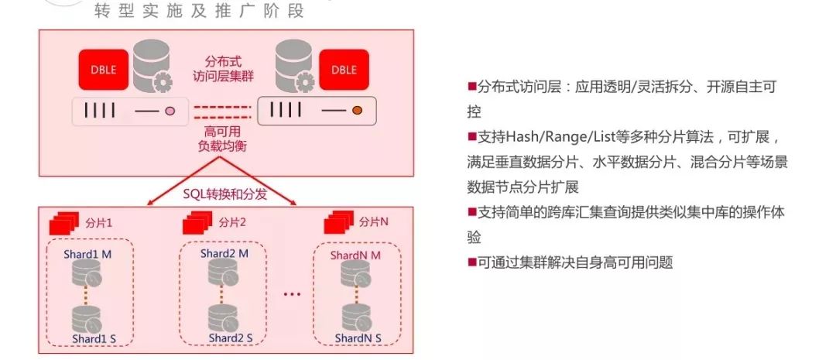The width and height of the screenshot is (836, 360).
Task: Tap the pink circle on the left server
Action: (170, 111)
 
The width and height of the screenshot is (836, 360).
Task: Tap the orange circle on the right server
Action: (358, 111)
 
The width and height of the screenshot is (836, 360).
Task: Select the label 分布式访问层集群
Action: (222, 69)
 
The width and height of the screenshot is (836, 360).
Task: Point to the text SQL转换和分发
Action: (225, 194)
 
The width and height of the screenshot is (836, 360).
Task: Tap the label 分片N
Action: (374, 223)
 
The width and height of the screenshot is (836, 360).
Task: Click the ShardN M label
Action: (355, 255)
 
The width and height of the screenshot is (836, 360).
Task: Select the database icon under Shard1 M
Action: (87, 273)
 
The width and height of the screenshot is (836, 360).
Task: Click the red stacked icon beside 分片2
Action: (197, 224)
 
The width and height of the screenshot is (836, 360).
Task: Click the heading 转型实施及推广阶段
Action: (199, 12)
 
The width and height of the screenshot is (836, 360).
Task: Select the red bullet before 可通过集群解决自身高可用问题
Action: (471, 262)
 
